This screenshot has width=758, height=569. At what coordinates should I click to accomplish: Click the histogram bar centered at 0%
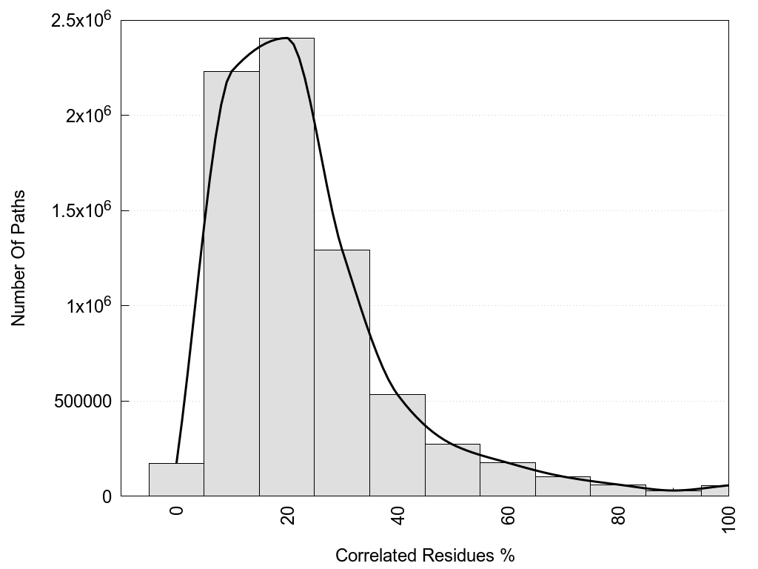pos(176,479)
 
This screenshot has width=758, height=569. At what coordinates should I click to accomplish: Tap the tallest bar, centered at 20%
pos(286,267)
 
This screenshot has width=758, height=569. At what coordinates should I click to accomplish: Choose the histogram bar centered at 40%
pos(398,445)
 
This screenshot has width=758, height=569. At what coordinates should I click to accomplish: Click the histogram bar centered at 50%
pos(452,470)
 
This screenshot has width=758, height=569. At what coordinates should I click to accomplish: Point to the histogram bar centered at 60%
pos(508,479)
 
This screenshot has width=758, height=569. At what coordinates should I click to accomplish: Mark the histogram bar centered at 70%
pos(563,486)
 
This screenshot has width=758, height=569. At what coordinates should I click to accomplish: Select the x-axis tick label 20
pos(287,515)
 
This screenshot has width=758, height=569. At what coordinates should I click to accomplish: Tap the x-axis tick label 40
pos(398,515)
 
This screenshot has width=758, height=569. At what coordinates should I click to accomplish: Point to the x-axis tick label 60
pos(509,515)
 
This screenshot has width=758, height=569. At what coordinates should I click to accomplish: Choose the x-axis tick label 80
pos(619,515)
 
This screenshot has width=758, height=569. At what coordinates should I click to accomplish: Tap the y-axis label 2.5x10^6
pos(81,20)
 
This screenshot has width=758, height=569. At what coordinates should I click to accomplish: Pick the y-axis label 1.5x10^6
pos(81,210)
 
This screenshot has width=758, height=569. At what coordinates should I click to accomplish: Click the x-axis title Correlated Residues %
pos(424,555)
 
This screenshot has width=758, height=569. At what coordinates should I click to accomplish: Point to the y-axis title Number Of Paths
pos(19,258)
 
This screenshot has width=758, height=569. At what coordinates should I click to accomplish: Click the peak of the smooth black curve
pos(285,38)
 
